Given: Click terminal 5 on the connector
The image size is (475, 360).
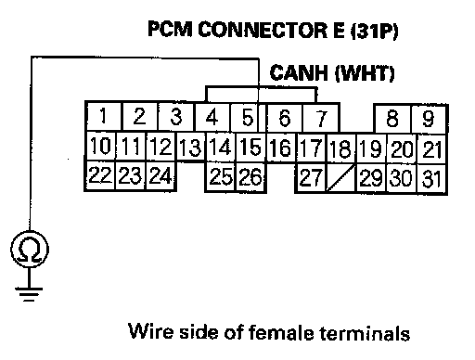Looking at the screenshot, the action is (248, 118).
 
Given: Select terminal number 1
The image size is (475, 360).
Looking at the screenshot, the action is (104, 116).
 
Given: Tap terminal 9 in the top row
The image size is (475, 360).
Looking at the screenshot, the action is (429, 119).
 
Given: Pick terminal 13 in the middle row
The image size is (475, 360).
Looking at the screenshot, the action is (190, 148).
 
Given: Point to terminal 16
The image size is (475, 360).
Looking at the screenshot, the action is (281, 148).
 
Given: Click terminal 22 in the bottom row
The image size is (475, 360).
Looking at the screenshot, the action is (100, 175).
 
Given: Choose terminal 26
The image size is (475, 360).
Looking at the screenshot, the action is (250, 176).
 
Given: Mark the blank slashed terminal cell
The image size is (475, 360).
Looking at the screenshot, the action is (340, 177).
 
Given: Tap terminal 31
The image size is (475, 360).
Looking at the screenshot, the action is (431, 178).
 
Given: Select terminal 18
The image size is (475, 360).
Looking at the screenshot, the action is (340, 148).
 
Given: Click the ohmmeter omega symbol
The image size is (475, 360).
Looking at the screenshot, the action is (30, 249).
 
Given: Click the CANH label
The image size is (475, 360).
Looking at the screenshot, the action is (299, 72).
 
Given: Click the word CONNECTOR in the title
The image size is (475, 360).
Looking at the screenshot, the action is (263, 30).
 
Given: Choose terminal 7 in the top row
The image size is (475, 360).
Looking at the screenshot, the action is (321, 119).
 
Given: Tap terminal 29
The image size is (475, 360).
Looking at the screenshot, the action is (371, 178).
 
